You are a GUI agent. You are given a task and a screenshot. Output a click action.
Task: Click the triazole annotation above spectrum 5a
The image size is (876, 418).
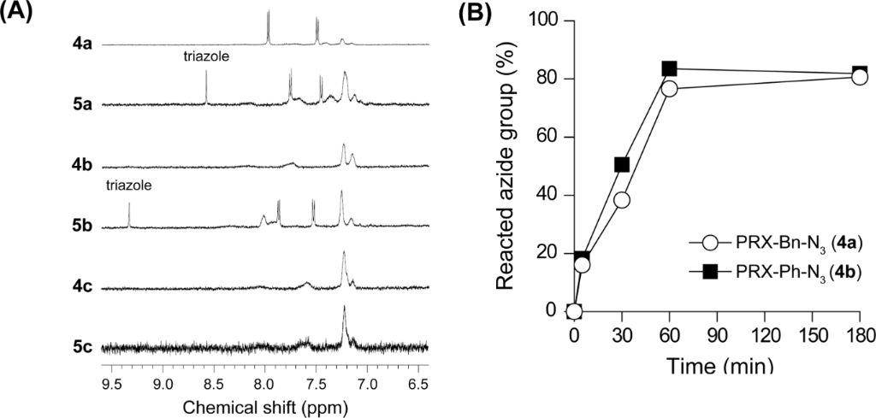pos(206,57)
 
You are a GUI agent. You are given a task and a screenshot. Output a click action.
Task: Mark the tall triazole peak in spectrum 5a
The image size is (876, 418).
pos(206,87)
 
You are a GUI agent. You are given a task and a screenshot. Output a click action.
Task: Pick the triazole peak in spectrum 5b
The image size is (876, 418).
pos(128,215)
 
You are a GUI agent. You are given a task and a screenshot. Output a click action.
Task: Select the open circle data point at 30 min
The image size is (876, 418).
pos(622,200)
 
